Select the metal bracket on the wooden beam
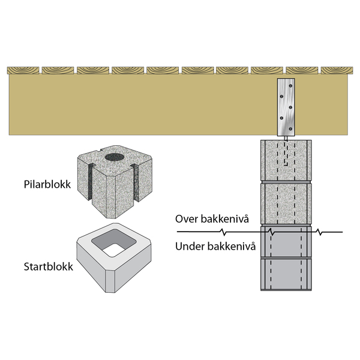click(x=286, y=107)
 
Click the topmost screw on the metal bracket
click(x=284, y=86)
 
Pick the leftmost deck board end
click(x=23, y=70)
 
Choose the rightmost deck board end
click(x=338, y=70)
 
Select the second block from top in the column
click(x=286, y=202)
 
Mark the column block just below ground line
click(x=286, y=243)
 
